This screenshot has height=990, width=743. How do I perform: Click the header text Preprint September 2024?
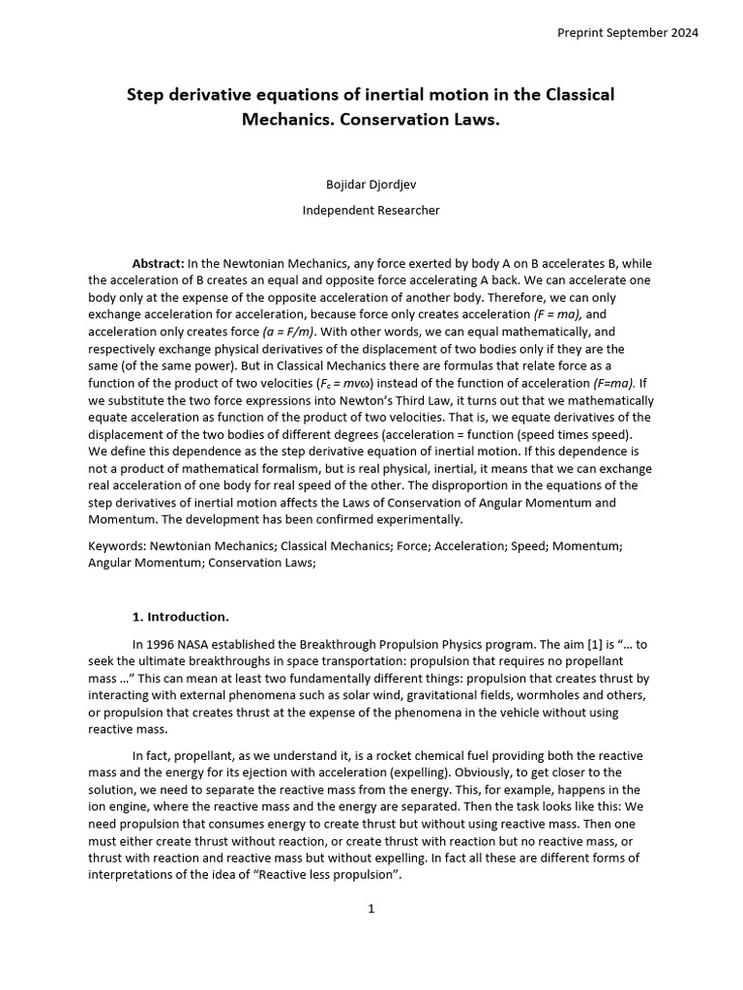tap(627, 32)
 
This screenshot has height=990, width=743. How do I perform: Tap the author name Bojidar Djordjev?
tap(371, 183)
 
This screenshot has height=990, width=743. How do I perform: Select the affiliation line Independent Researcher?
tap(371, 210)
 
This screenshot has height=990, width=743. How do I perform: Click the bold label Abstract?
tap(158, 263)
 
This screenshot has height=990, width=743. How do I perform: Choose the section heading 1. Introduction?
tap(180, 616)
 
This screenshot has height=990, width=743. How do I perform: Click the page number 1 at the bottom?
tap(371, 909)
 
